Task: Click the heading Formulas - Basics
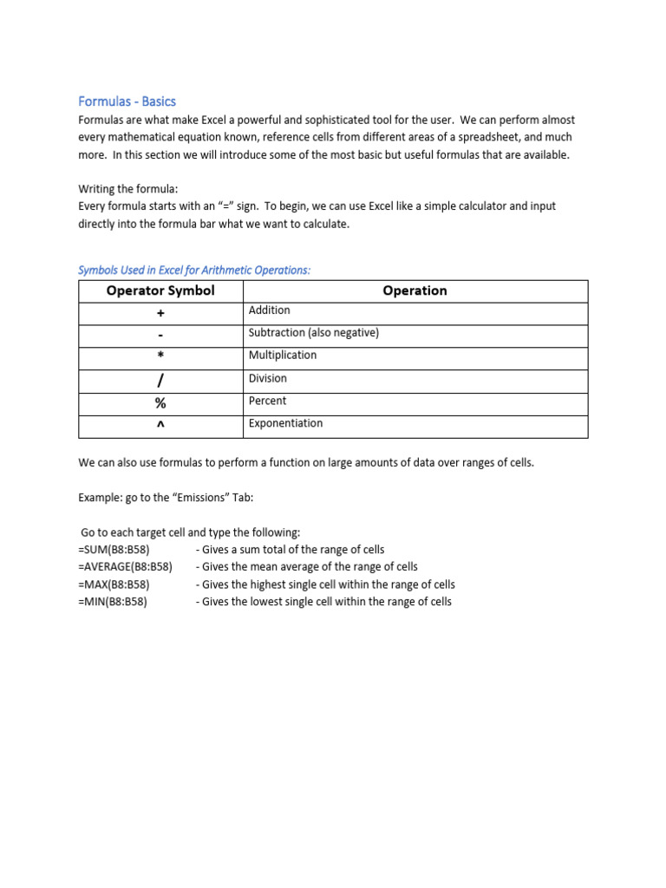127,101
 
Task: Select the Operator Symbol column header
160,291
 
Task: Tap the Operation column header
415,291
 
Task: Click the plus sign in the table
160,313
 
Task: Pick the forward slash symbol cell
160,381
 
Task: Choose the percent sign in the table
160,403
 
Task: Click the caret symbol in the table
160,426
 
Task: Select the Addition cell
270,310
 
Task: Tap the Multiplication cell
283,356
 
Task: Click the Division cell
268,378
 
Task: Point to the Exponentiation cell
285,423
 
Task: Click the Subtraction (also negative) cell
314,333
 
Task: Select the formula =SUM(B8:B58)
113,550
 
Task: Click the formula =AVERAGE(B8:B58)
125,567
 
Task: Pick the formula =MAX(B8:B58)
113,584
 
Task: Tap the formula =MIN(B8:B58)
112,602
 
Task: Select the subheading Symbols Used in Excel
193,271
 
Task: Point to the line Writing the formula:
127,189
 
